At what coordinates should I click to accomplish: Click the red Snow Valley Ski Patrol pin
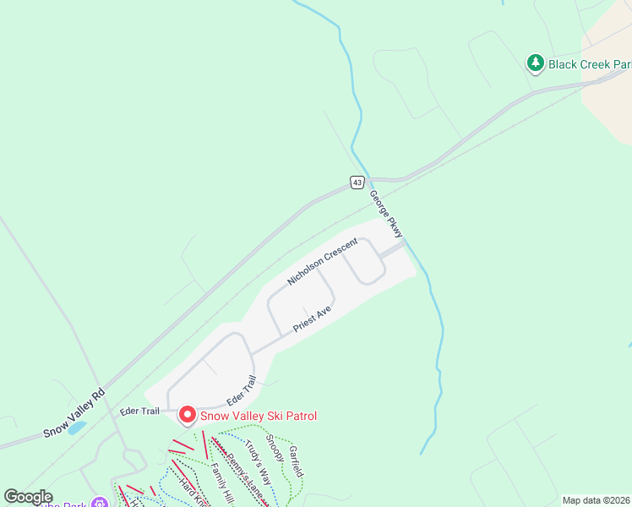tap(187, 414)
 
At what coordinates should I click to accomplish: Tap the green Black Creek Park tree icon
tap(535, 63)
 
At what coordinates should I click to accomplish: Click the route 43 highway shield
tap(358, 182)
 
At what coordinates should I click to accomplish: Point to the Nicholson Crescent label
tap(323, 261)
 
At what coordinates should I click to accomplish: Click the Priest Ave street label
tap(312, 319)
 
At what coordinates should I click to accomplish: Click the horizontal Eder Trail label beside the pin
tap(140, 412)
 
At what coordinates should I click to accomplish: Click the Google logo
tap(28, 497)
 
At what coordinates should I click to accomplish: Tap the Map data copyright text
tap(596, 500)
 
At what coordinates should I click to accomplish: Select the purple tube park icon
tap(101, 503)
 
